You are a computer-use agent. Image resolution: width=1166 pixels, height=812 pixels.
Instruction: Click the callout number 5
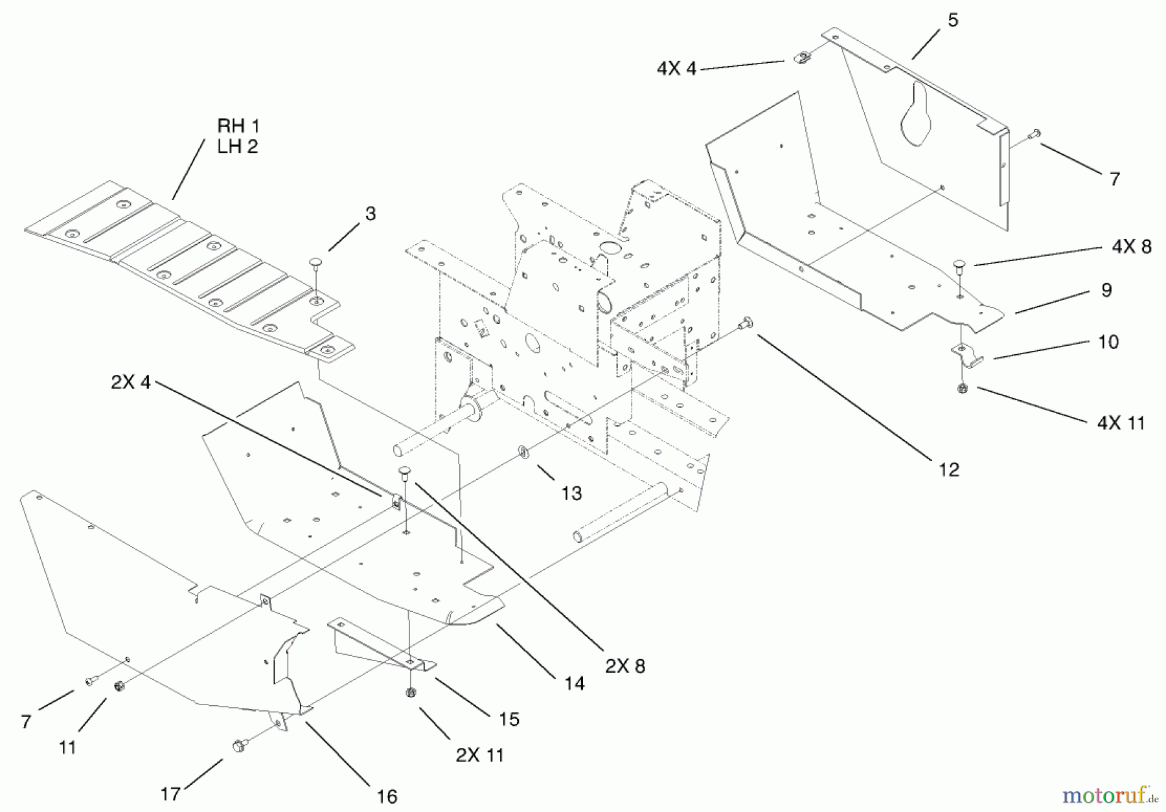(x=953, y=21)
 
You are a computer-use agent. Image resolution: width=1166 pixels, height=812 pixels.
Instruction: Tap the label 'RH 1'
(x=238, y=126)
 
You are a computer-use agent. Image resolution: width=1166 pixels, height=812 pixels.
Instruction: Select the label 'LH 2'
(x=237, y=147)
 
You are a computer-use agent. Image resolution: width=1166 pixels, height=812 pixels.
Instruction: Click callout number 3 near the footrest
(x=371, y=214)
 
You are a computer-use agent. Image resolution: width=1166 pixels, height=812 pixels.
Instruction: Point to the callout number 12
(x=948, y=469)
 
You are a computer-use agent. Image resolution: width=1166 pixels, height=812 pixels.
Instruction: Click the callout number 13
(x=571, y=493)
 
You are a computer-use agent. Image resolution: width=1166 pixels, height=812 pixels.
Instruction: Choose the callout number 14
(x=574, y=683)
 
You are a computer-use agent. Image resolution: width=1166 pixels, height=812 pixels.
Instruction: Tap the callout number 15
(x=509, y=719)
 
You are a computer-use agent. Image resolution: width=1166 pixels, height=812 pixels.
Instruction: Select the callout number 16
(x=387, y=796)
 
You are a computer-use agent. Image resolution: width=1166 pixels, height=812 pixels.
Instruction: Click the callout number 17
(x=170, y=794)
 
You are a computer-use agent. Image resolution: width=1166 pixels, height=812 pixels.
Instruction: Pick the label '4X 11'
(x=1121, y=423)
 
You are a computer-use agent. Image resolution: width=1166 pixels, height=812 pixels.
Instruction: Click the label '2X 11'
(x=479, y=755)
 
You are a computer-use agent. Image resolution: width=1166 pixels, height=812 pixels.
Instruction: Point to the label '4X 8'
(x=1132, y=247)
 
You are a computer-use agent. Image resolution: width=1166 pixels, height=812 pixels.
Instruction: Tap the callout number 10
(x=1108, y=342)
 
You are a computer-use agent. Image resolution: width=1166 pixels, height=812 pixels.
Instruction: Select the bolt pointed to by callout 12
(x=746, y=322)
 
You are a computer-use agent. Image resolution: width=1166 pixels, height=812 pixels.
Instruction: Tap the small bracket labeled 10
(x=965, y=355)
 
